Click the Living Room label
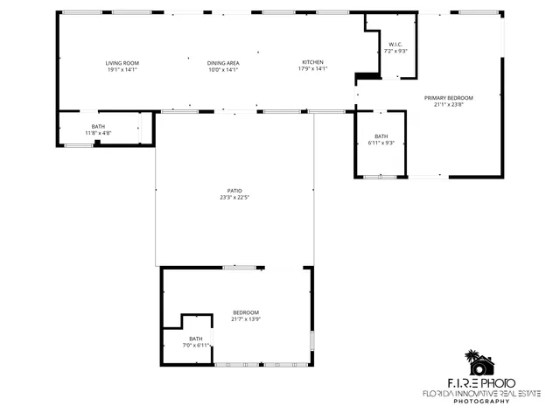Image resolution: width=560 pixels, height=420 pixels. (122, 63)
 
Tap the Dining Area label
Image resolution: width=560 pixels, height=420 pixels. (223, 63)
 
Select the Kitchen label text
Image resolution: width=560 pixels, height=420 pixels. (313, 62)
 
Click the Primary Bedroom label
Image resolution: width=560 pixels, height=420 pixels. (449, 97)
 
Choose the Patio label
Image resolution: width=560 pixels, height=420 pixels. (234, 191)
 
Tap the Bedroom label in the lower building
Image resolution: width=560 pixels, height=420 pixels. (246, 312)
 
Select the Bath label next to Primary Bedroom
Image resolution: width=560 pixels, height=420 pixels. (381, 136)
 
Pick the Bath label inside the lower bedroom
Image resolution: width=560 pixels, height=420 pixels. (196, 339)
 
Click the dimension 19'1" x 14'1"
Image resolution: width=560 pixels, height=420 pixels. (122, 69)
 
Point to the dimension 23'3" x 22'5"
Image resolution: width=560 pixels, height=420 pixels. (234, 197)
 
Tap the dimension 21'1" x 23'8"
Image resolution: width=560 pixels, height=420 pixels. (449, 104)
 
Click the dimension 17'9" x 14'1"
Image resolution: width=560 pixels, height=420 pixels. (313, 69)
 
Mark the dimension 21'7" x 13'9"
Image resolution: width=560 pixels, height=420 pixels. (246, 319)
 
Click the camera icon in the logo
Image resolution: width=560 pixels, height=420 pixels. (479, 363)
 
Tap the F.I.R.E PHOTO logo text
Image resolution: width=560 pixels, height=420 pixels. (481, 382)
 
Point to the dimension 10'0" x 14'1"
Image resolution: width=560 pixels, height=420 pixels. (223, 69)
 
